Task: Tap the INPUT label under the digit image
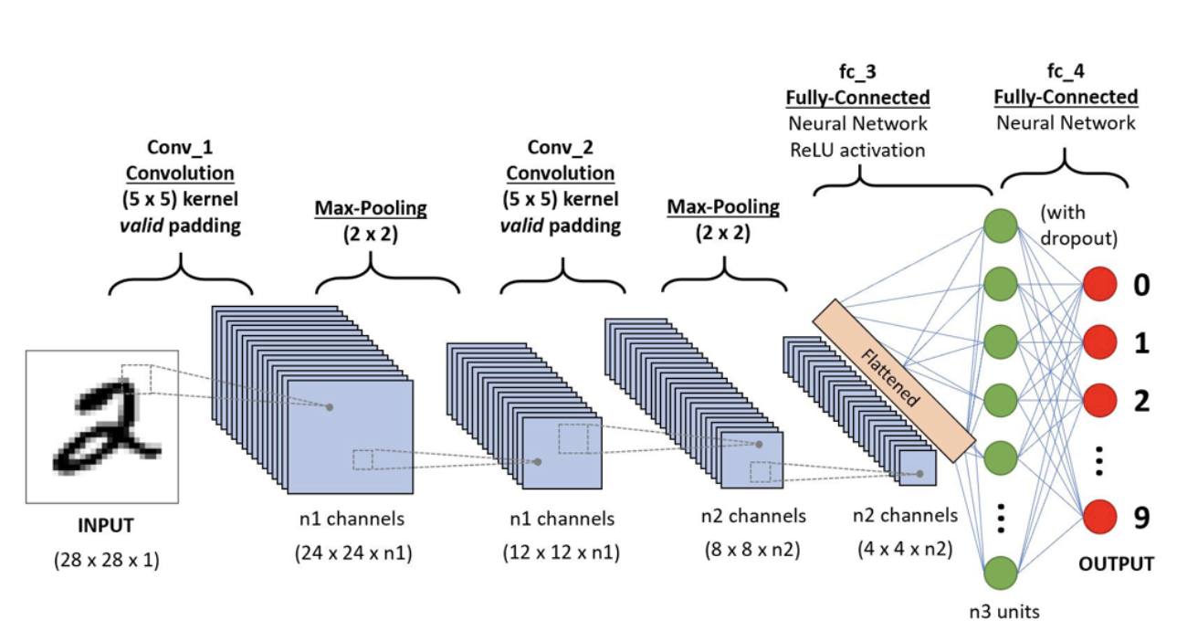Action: pyautogui.click(x=105, y=526)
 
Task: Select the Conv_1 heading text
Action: pyautogui.click(x=180, y=147)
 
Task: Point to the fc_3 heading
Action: pyautogui.click(x=857, y=71)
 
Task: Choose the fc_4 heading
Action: pyautogui.click(x=1066, y=71)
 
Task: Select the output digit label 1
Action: pyautogui.click(x=1141, y=343)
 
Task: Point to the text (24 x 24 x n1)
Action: pyautogui.click(x=352, y=553)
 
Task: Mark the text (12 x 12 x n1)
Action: pyautogui.click(x=562, y=553)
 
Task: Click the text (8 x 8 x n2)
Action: pyautogui.click(x=753, y=551)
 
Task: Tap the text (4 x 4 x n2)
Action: pyautogui.click(x=905, y=551)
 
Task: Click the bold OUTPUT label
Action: pyautogui.click(x=1116, y=564)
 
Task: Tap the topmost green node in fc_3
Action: pyautogui.click(x=1002, y=226)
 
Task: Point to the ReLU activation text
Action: pyautogui.click(x=857, y=150)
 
